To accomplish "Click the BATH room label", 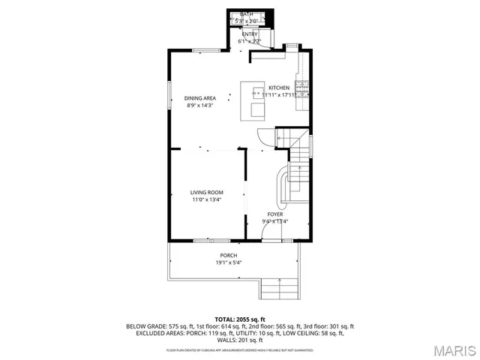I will coord(247,14).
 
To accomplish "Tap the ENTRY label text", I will coord(248,34).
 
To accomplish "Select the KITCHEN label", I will coord(279,88).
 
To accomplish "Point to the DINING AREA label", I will coord(200,98).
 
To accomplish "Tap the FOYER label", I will coord(275,214).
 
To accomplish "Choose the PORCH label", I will coord(229,256).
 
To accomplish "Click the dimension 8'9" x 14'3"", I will coord(200,106).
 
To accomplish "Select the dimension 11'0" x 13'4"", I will coord(206,200).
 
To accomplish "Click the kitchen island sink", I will coord(257,94).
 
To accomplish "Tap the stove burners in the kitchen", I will coord(302,91).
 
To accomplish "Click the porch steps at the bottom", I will coord(279,288).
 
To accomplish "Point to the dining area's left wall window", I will coord(169,91).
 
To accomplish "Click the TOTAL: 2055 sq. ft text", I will coord(240,319).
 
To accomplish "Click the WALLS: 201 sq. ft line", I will coord(240,340).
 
